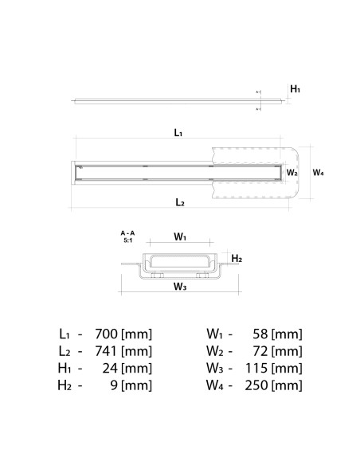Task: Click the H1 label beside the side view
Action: click(295, 90)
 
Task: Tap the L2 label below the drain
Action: click(180, 202)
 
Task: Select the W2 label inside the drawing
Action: click(292, 172)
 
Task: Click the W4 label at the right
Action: click(318, 172)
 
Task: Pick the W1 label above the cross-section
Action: click(180, 236)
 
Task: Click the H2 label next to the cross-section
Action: click(237, 259)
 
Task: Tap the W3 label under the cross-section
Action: click(179, 287)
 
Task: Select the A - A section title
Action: click(127, 232)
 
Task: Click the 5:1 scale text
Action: click(127, 240)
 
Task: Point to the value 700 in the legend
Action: click(109, 334)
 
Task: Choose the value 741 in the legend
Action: click(109, 351)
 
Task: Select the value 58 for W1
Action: click(260, 334)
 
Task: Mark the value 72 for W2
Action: click(260, 351)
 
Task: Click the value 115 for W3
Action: click(256, 369)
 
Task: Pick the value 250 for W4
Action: click(255, 386)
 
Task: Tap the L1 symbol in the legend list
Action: click(66, 334)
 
